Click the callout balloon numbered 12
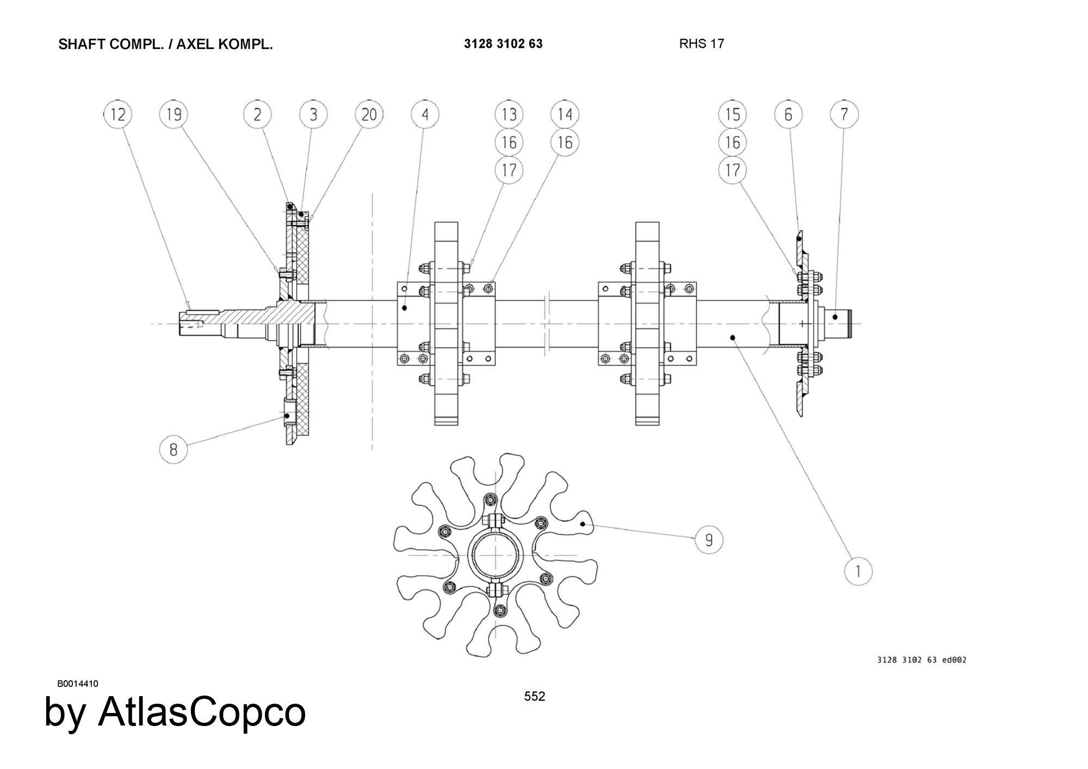[x=118, y=114]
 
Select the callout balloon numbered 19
[x=174, y=114]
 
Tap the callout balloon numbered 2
[x=257, y=114]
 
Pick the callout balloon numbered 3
[x=313, y=114]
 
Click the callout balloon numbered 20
[x=369, y=114]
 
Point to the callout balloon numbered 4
[x=425, y=114]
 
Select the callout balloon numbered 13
[x=509, y=114]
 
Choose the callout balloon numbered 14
[x=565, y=114]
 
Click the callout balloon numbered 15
[x=733, y=114]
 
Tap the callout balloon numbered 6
[x=789, y=114]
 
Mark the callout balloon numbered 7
[x=844, y=114]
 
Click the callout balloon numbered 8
[x=174, y=449]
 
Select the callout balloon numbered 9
[x=709, y=540]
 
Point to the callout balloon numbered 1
[x=858, y=572]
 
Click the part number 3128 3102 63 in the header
[x=503, y=44]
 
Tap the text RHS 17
[x=702, y=44]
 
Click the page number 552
[x=535, y=697]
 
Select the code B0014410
[x=78, y=684]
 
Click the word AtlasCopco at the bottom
[x=202, y=711]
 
